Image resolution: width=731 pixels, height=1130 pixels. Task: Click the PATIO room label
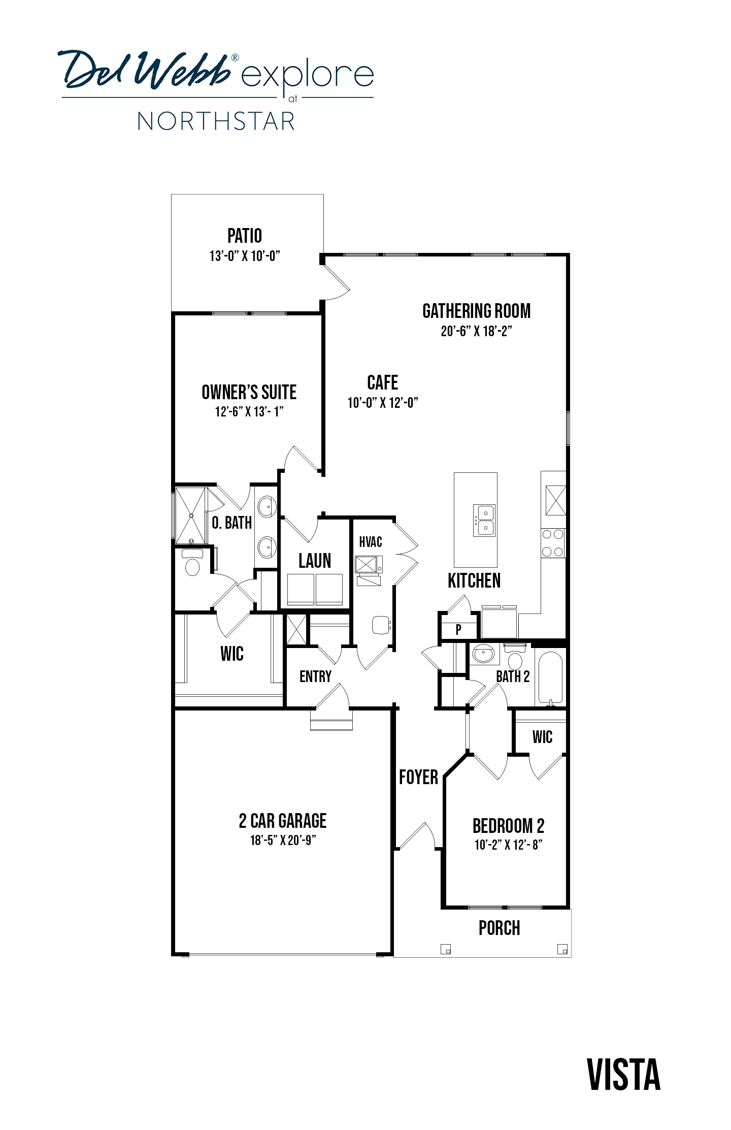[245, 236]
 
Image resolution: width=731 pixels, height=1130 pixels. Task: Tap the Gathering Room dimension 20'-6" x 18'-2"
[476, 331]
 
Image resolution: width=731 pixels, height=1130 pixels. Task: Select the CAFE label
[382, 382]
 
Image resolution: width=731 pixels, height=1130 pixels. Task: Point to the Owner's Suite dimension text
[249, 411]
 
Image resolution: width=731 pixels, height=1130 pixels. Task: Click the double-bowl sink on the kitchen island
[484, 520]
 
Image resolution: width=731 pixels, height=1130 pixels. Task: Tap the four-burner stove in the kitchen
[553, 543]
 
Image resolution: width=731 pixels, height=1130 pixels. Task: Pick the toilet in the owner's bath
[192, 562]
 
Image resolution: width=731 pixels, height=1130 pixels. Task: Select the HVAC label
[371, 542]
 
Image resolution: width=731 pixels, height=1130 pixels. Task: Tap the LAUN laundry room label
[315, 561]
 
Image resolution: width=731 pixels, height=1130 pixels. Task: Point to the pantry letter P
[458, 630]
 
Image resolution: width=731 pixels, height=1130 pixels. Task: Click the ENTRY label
[315, 676]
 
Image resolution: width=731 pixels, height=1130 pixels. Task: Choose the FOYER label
[418, 777]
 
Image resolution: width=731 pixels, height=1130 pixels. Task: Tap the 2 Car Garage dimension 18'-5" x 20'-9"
[283, 840]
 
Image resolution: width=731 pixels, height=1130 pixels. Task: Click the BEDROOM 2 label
[508, 826]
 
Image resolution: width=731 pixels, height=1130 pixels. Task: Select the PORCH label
[500, 928]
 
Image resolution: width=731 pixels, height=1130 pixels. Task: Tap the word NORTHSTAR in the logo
[216, 122]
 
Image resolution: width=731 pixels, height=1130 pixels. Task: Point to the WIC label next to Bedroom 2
[542, 737]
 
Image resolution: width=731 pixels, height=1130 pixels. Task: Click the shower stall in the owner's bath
[191, 515]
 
